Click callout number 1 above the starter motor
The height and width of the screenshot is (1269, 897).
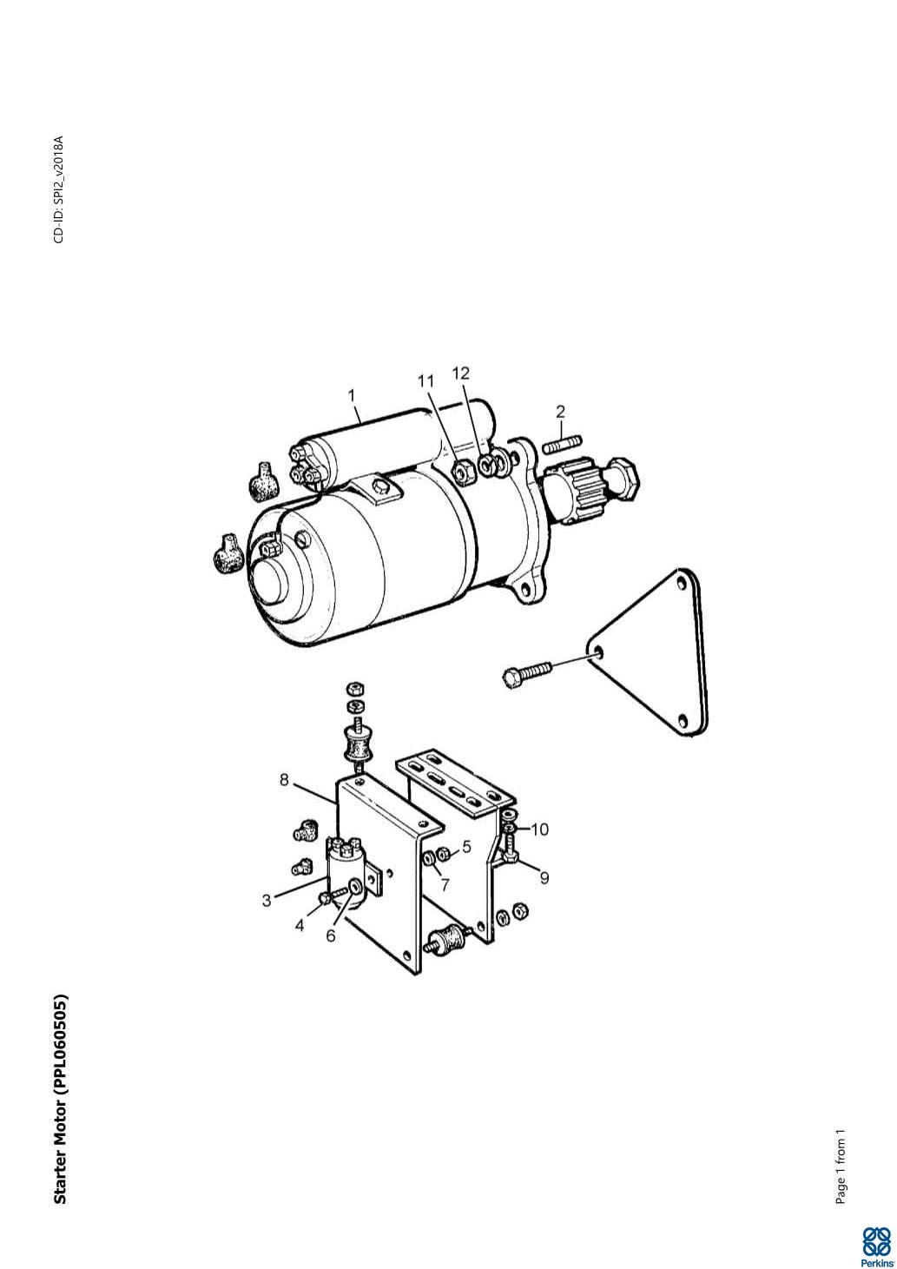point(352,395)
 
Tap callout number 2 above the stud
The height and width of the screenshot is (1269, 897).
point(560,412)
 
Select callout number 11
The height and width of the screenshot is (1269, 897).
point(425,381)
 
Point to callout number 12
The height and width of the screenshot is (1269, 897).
point(461,373)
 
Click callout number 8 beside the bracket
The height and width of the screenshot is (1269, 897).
point(284,780)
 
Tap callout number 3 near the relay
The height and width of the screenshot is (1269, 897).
point(267,900)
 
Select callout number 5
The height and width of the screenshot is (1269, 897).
point(466,847)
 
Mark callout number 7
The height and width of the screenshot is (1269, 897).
point(445,884)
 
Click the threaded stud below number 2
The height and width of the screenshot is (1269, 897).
point(563,443)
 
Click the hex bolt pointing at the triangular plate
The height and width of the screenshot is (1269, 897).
point(527,675)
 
